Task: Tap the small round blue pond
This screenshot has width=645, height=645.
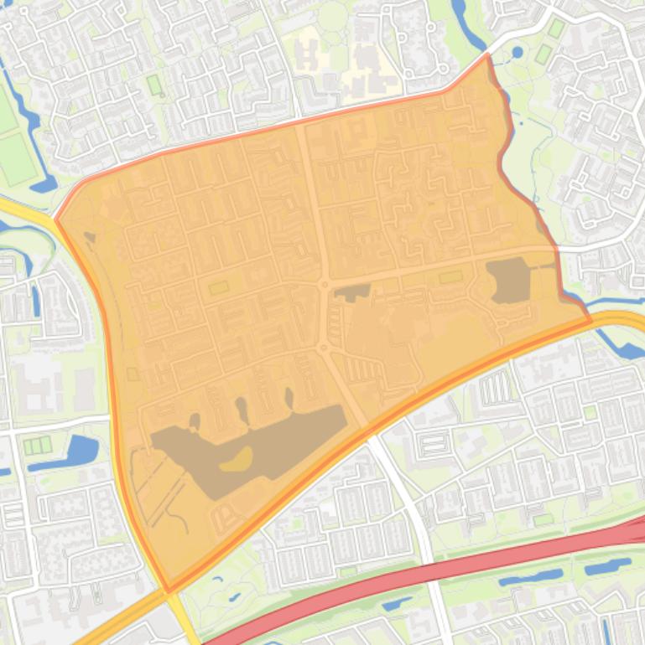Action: coord(517,52)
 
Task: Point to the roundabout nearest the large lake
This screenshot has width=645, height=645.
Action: coord(322,346)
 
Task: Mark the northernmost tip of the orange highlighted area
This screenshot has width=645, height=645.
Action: coord(487,54)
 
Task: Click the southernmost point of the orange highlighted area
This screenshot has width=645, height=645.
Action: coord(169,590)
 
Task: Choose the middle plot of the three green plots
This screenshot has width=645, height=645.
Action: coord(37,446)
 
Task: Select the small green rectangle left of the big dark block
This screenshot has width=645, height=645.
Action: coord(450,276)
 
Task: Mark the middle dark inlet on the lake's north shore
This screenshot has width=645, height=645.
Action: coord(242,410)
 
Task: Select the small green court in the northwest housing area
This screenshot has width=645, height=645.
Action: coord(153,85)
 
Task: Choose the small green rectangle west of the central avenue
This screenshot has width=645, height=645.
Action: coord(219,287)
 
